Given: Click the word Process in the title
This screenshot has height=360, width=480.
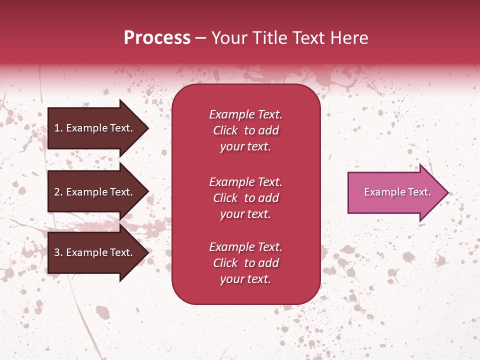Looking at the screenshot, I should pyautogui.click(x=157, y=38).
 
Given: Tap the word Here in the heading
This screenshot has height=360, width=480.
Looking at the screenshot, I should pyautogui.click(x=349, y=38).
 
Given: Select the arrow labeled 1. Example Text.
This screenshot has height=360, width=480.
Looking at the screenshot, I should pyautogui.click(x=95, y=128).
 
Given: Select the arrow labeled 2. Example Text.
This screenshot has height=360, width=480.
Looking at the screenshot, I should pyautogui.click(x=95, y=192).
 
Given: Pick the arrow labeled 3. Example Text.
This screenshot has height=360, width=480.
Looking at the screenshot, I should pyautogui.click(x=95, y=252).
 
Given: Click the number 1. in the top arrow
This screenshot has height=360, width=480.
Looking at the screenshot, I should pyautogui.click(x=58, y=128).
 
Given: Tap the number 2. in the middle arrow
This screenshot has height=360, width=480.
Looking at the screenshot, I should pyautogui.click(x=58, y=192).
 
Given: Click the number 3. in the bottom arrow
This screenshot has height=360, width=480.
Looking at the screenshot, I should pyautogui.click(x=58, y=252).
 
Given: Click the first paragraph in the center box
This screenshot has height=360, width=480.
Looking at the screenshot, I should pyautogui.click(x=245, y=130).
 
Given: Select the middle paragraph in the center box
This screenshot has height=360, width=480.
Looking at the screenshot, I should pyautogui.click(x=245, y=198).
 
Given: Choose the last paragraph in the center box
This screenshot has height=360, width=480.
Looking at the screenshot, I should pyautogui.click(x=245, y=263).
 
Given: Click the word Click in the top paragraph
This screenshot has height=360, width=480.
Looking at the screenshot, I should pyautogui.click(x=225, y=130).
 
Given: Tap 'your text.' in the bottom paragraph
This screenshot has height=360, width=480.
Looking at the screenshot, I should pyautogui.click(x=245, y=279).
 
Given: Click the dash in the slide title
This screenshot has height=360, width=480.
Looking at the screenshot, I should pyautogui.click(x=200, y=38).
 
